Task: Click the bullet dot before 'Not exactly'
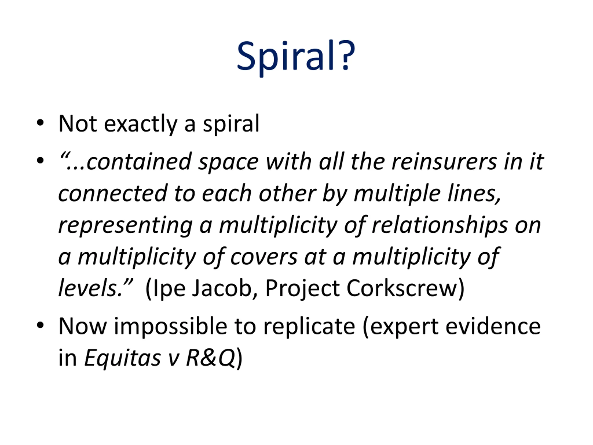40,123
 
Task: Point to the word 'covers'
264,258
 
